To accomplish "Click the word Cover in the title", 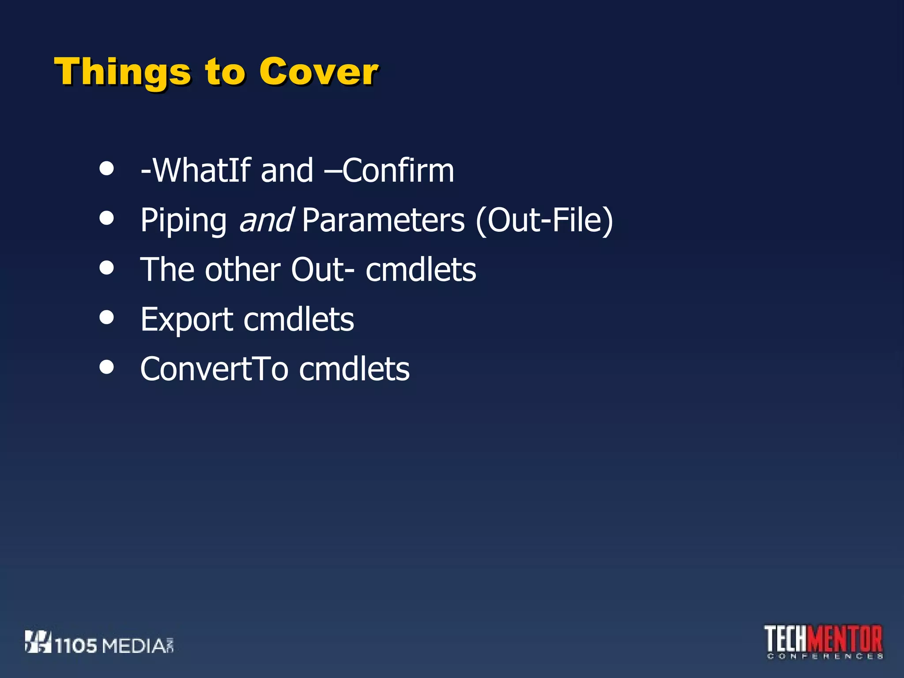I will [318, 72].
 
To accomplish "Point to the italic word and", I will [266, 220].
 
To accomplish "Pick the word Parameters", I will [383, 220].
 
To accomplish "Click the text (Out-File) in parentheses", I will [544, 220].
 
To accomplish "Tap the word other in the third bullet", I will [242, 270].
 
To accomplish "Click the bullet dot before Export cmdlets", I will [106, 317].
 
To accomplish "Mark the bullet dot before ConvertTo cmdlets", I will [106, 366].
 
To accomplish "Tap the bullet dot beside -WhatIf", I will [106, 168].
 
